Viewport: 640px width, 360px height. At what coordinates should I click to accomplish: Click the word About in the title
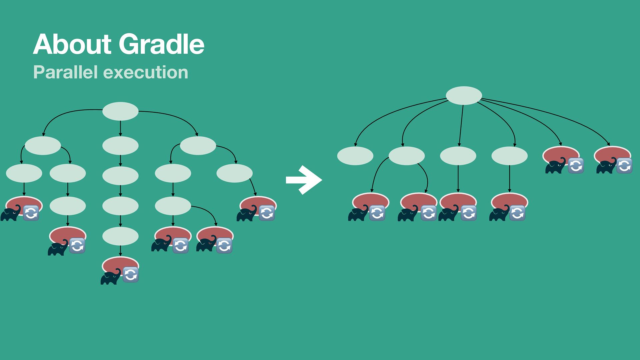72,44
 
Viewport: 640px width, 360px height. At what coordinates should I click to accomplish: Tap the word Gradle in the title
161,44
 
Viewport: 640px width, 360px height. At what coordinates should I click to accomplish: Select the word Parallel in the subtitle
65,72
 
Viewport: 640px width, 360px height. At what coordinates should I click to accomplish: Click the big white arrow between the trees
304,180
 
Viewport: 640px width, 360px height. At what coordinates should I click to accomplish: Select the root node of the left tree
120,111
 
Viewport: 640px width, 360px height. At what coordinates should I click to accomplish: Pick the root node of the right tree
464,96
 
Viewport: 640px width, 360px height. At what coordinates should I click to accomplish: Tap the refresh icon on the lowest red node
131,275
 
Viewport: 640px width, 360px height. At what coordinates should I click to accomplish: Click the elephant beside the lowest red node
111,277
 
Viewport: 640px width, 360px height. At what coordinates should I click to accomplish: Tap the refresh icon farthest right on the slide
624,166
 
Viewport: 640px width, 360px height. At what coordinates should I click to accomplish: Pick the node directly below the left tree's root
120,146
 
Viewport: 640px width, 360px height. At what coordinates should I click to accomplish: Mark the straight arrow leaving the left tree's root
120,128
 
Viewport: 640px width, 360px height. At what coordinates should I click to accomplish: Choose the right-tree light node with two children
407,156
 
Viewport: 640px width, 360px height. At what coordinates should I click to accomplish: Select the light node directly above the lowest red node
120,236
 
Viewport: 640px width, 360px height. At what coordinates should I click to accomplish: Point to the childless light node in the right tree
355,156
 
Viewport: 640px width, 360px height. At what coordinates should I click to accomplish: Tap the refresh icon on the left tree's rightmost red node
267,213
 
